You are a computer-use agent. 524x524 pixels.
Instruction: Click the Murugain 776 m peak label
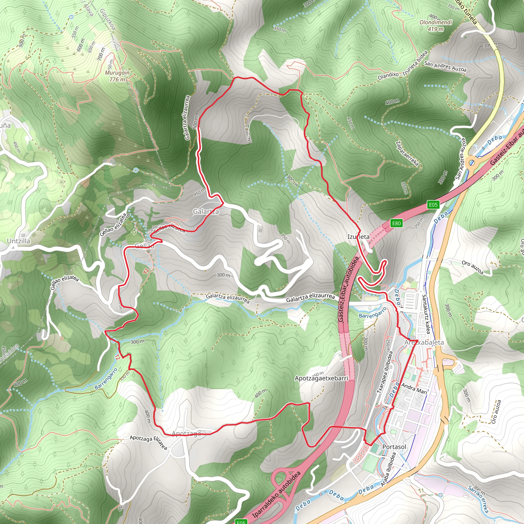(117, 76)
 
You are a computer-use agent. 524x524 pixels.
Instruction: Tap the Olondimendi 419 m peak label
(436, 26)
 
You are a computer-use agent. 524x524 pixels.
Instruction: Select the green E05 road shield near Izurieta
(433, 204)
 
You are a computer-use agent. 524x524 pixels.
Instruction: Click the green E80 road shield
(396, 223)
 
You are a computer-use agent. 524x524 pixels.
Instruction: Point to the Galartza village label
(206, 212)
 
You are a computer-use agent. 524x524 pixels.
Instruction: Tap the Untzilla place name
(18, 241)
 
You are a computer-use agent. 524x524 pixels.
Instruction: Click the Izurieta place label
(358, 237)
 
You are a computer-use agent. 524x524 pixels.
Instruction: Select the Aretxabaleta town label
(424, 343)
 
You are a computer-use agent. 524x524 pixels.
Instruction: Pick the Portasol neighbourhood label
(394, 447)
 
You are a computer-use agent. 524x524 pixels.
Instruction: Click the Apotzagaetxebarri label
(321, 378)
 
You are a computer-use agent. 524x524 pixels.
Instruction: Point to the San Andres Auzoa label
(445, 67)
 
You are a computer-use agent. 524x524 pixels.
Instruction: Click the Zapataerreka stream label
(407, 153)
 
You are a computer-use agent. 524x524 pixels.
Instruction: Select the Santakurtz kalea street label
(426, 314)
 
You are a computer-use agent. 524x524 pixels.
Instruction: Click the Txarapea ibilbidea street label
(385, 372)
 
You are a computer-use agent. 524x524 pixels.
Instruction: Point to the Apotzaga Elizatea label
(148, 442)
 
